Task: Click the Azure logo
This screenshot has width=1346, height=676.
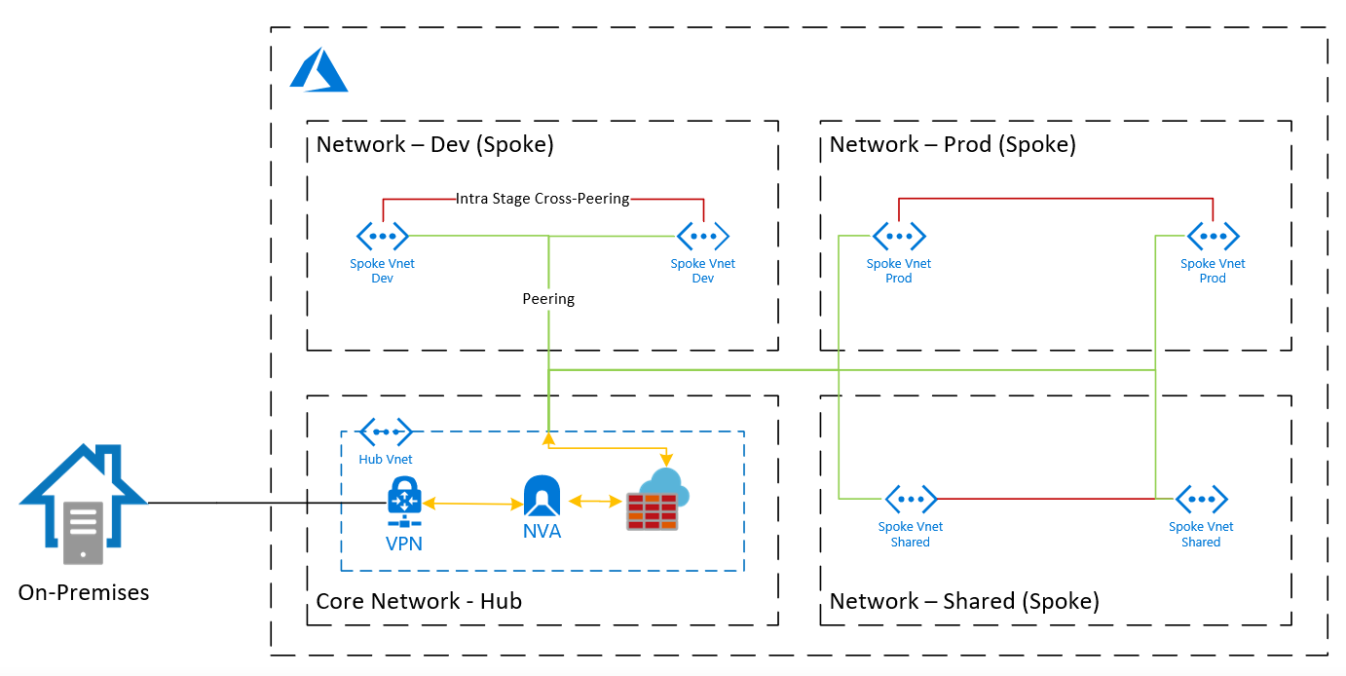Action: click(x=318, y=71)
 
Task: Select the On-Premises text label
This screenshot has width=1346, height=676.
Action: click(x=84, y=591)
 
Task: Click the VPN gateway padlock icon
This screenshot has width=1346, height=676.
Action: click(x=404, y=502)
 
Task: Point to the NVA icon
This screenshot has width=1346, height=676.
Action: click(x=542, y=497)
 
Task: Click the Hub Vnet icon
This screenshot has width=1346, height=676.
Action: click(x=386, y=432)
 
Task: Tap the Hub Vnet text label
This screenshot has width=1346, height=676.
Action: click(x=386, y=459)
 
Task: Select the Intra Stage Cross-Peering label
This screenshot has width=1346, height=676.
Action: click(x=542, y=199)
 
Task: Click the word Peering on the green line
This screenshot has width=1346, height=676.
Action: click(x=548, y=299)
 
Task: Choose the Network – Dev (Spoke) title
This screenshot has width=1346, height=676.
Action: click(x=434, y=145)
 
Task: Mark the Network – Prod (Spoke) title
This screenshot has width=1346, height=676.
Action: click(x=952, y=145)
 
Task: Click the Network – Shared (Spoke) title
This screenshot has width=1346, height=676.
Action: click(x=963, y=601)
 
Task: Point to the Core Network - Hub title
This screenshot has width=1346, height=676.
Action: click(x=419, y=601)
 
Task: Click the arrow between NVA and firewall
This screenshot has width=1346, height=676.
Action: click(x=595, y=502)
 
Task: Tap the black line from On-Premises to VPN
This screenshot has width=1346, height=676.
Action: click(x=263, y=504)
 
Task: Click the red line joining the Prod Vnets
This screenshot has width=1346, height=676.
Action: click(x=1056, y=199)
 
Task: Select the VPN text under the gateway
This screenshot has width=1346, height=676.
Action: click(x=404, y=544)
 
